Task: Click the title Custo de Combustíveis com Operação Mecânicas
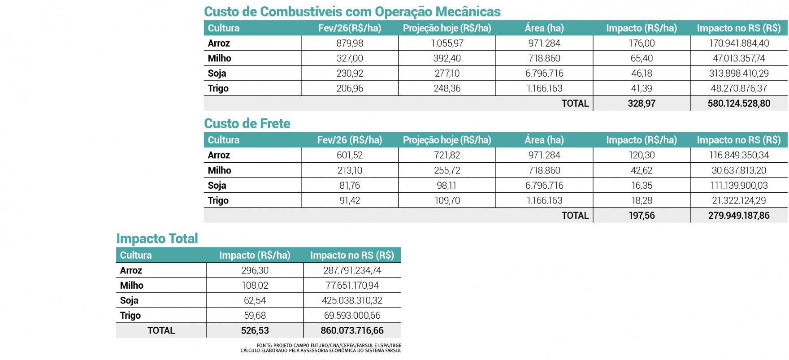[x=352, y=12]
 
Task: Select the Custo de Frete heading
[x=247, y=124]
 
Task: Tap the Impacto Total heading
[x=157, y=239]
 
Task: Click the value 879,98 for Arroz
[x=350, y=43]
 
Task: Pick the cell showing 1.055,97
[x=447, y=43]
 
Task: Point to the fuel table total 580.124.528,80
[x=739, y=104]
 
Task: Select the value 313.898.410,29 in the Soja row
[x=739, y=74]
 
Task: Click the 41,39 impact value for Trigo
[x=641, y=88]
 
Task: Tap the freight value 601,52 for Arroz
[x=350, y=156]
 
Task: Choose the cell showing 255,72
[x=447, y=170]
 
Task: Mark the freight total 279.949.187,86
[x=739, y=216]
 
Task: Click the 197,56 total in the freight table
[x=641, y=216]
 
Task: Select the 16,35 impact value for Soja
[x=641, y=186]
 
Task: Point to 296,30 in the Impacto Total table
[x=255, y=270]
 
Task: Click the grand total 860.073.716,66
[x=352, y=331]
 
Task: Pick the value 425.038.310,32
[x=352, y=300]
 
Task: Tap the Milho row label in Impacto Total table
[x=132, y=286]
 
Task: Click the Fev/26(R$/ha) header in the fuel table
[x=350, y=28]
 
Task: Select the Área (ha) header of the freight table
[x=544, y=140]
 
